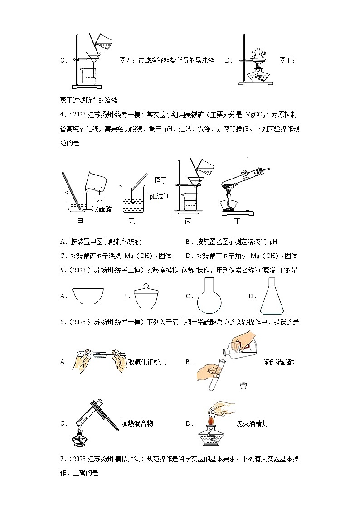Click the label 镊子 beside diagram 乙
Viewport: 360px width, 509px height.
pyautogui.click(x=161, y=180)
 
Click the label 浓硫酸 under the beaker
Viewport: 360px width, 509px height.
pyautogui.click(x=102, y=208)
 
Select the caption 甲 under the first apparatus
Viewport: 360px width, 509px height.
pyautogui.click(x=80, y=222)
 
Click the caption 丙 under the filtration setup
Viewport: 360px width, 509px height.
pyautogui.click(x=187, y=222)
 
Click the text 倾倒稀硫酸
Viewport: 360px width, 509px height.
pyautogui.click(x=278, y=362)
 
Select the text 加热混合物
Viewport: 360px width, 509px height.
pyautogui.click(x=137, y=423)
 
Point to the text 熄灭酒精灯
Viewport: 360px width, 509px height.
pyautogui.click(x=253, y=423)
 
